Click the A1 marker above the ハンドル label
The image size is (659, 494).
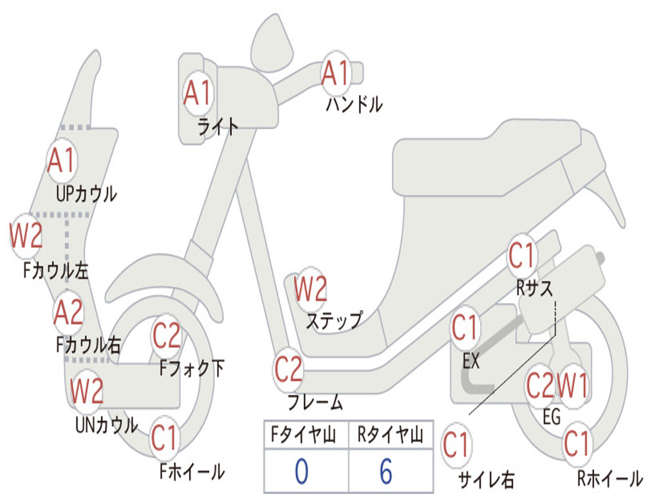[336, 73]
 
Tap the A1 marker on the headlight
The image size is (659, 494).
[198, 93]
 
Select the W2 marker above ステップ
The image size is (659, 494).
[310, 289]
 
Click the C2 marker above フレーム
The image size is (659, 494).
[288, 369]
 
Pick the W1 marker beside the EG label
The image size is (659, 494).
[572, 385]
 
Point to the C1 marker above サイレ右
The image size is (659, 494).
[456, 445]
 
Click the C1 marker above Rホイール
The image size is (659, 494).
[577, 444]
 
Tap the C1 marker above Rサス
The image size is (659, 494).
[521, 255]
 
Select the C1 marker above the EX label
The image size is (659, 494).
[465, 327]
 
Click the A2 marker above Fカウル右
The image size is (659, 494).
[68, 313]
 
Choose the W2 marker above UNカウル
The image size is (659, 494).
[86, 391]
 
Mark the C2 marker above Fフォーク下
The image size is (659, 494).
[167, 336]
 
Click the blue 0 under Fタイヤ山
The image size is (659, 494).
[301, 471]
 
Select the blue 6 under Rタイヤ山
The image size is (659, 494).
[386, 471]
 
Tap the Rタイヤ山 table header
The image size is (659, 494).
[391, 434]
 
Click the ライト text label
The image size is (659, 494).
[218, 127]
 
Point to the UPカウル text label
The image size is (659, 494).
[86, 194]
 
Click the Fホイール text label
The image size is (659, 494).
[192, 471]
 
